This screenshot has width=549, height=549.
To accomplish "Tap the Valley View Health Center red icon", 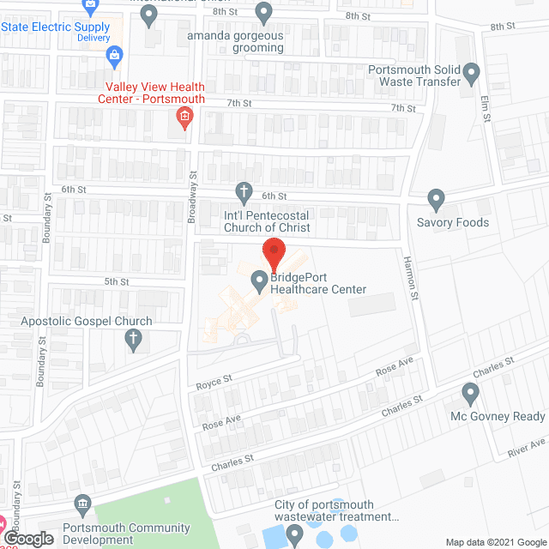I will coord(183,118).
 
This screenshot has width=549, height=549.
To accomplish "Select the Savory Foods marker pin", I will coord(437,201).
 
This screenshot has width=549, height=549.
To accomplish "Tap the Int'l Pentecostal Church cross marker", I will coord(244,192).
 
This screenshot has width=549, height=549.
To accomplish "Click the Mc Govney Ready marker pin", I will coord(469,395).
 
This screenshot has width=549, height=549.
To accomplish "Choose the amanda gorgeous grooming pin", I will coord(263,13).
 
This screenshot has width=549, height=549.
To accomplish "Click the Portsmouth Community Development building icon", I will coord(82,503).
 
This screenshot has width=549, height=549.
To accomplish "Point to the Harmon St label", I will coord(413,280).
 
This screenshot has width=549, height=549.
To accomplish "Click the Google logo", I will coord(28,539).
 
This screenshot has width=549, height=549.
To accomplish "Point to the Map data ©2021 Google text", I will coord(494,541).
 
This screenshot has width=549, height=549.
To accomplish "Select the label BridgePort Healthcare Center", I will coord(318,284).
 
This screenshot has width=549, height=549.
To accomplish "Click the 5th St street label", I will coord(117,281).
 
